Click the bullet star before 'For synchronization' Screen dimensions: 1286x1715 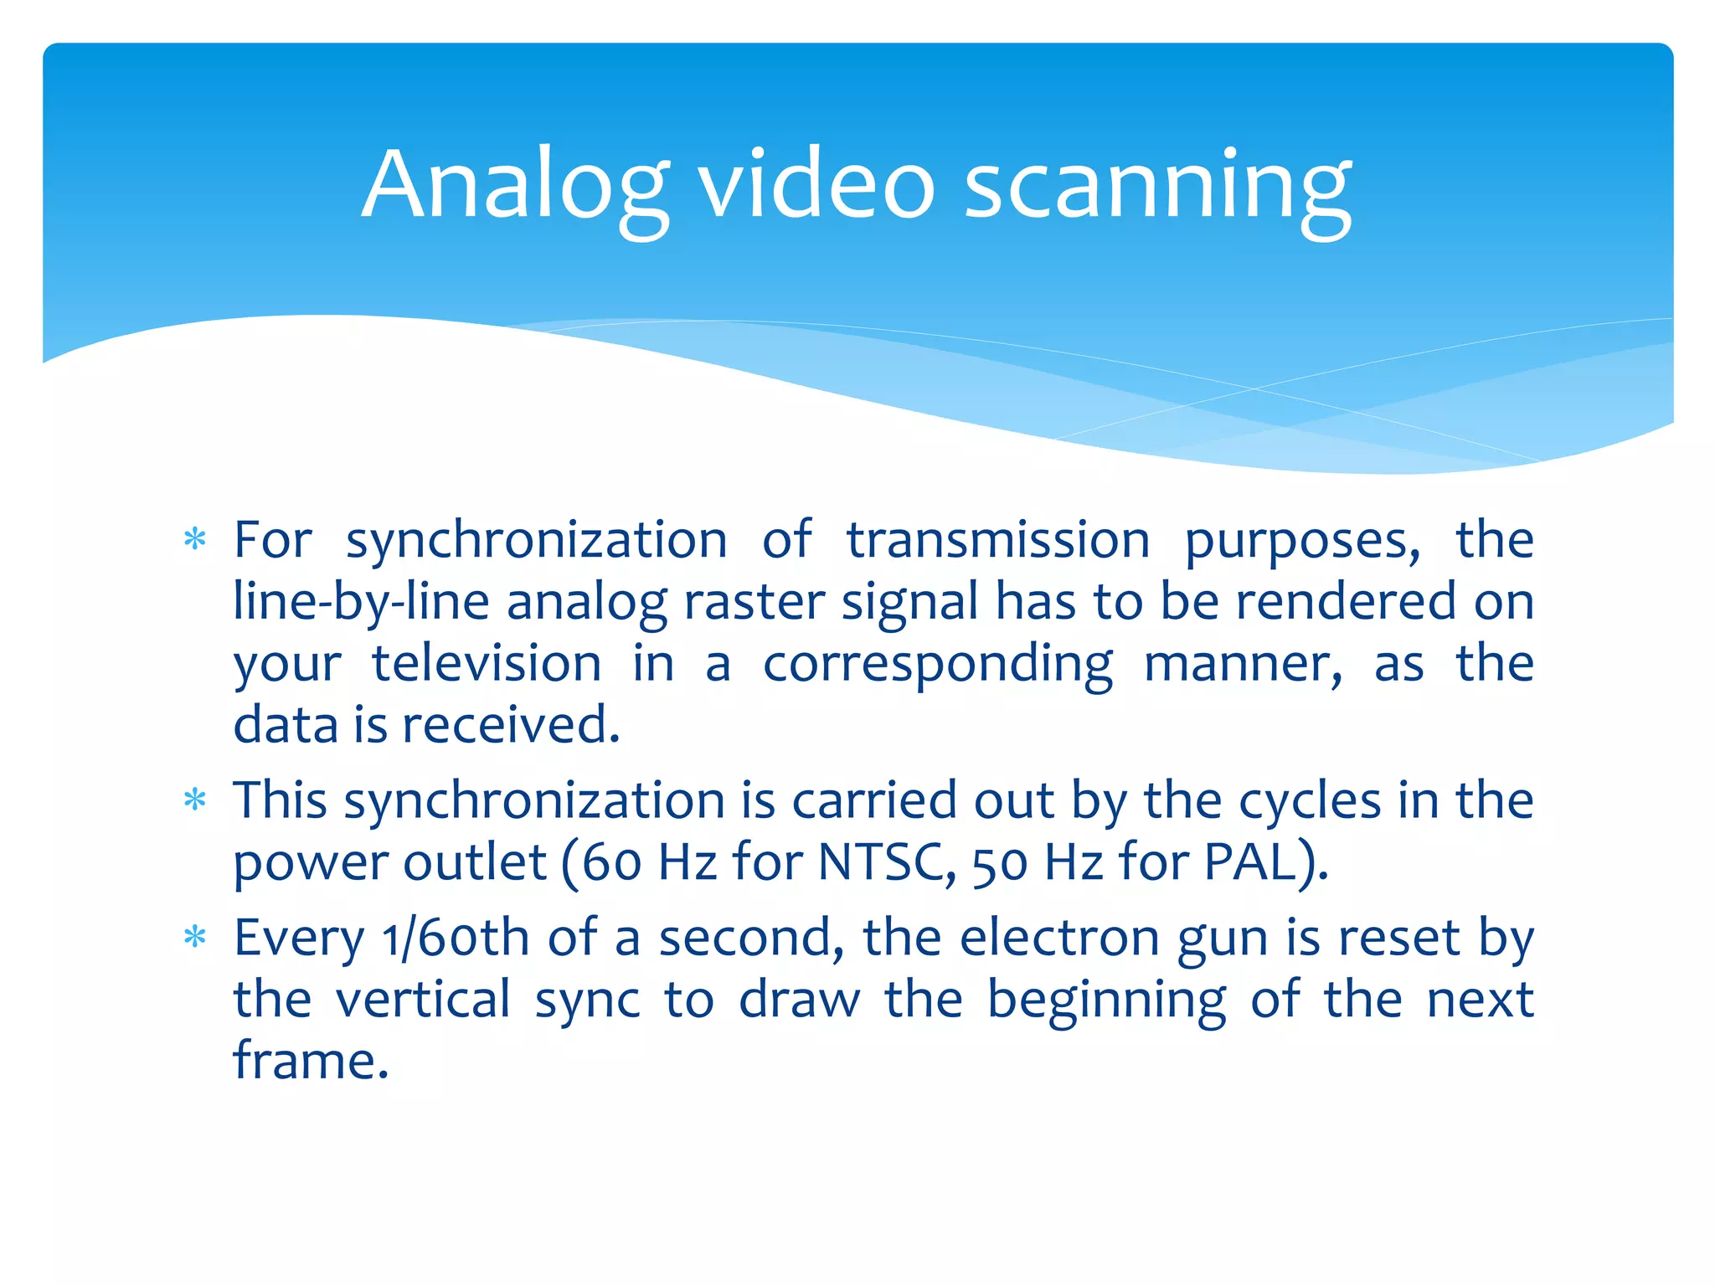click(195, 540)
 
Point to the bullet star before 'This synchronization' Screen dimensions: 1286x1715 click(195, 800)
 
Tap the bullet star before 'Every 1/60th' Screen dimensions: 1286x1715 click(195, 938)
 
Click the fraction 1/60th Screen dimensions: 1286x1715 click(456, 938)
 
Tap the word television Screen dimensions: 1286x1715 click(487, 664)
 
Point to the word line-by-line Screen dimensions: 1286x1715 click(361, 603)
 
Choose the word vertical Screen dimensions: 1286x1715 click(423, 1000)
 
